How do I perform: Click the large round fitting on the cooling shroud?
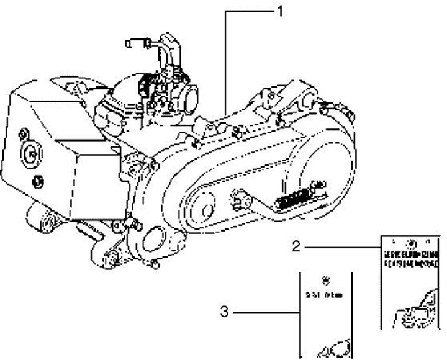[29, 153]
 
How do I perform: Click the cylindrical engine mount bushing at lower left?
[38, 219]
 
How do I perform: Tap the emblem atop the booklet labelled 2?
[409, 240]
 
